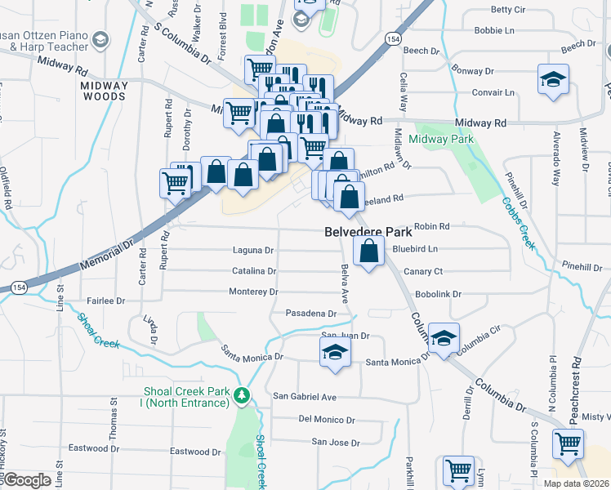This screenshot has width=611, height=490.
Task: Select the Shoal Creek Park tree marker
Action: coord(241,396)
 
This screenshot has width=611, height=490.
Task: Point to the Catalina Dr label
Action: coord(254,270)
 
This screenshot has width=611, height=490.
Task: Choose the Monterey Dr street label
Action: coord(253,292)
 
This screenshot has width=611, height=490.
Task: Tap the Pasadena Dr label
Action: coord(311,313)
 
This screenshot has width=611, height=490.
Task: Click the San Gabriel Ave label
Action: coord(305,397)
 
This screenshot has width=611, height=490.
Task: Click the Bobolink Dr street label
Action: coord(439,293)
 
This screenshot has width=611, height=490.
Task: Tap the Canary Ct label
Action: coord(423,271)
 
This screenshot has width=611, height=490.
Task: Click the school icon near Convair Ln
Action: coord(553,79)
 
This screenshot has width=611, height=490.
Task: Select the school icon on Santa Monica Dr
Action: coord(335,352)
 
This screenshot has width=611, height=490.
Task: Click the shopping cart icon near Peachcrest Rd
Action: coord(568,443)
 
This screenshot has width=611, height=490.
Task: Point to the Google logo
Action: coord(26,480)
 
